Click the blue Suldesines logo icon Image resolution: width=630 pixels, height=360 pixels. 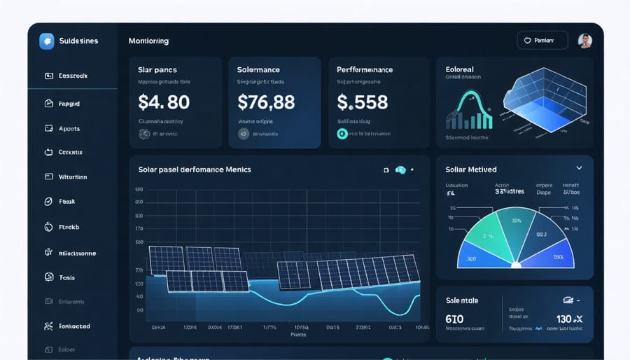point(47,41)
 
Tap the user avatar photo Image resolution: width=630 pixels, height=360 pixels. point(585,41)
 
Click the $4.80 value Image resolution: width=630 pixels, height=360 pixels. point(164,102)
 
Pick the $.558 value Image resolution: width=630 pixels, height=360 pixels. point(362,102)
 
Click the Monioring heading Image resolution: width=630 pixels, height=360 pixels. point(148,41)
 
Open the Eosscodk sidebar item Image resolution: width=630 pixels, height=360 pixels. point(73,76)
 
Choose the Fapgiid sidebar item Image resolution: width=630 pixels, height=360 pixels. point(69,103)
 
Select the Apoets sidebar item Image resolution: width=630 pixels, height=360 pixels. point(69,129)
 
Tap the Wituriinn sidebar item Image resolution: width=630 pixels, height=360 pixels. point(73,177)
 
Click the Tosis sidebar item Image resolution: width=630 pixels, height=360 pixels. point(66,278)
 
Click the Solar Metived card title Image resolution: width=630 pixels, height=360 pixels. point(471,169)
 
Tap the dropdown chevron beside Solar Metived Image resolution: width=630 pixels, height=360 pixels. point(579,169)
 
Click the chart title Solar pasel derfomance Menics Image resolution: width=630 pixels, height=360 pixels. point(195,169)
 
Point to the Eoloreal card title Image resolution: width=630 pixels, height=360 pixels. point(459,70)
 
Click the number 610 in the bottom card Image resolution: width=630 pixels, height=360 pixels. point(454,319)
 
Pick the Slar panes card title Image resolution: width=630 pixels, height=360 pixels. point(157,70)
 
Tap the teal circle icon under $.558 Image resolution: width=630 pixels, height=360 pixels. point(342,133)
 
